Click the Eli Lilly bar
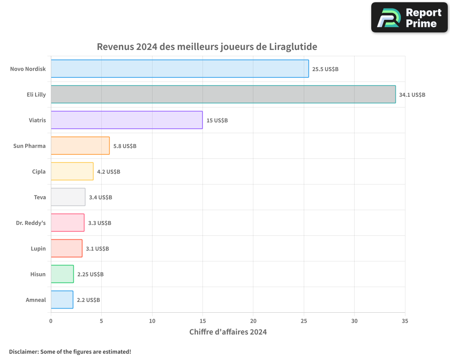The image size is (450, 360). (223, 94)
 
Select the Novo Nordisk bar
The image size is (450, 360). (180, 69)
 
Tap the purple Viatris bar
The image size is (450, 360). (126, 120)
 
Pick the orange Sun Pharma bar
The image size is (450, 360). (80, 146)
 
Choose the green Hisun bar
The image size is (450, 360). (62, 274)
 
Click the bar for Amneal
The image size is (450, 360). (62, 300)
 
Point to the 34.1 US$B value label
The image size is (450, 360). (412, 95)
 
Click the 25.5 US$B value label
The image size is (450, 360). (325, 69)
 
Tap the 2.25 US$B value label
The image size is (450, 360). (90, 274)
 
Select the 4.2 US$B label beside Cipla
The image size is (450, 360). (108, 172)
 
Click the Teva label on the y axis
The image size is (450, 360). (40, 197)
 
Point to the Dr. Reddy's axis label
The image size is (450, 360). (31, 223)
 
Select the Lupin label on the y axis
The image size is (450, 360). (38, 248)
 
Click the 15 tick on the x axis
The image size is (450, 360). (202, 321)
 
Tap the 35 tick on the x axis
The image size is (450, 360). (405, 321)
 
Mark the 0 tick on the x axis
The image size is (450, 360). (51, 321)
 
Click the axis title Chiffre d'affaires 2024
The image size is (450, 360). (228, 332)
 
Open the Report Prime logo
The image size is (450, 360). (409, 18)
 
